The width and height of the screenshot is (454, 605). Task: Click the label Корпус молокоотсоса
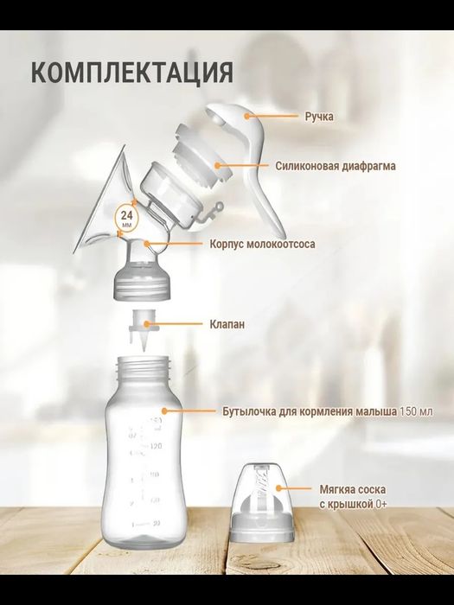pos(262,245)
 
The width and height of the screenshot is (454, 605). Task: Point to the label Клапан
pos(227,325)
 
